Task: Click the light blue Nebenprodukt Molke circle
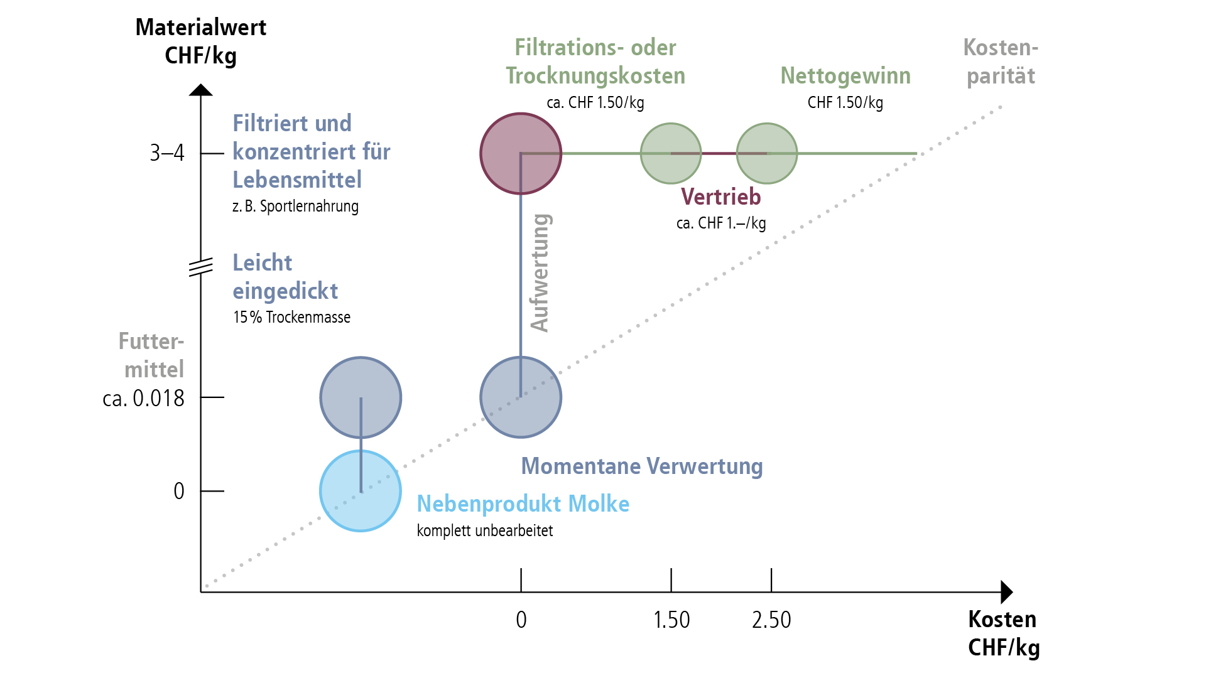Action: click(x=360, y=491)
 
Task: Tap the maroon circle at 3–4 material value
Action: click(x=520, y=153)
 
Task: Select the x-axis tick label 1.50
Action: click(x=671, y=620)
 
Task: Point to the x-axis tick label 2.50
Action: click(x=771, y=620)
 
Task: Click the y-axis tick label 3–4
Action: click(x=167, y=153)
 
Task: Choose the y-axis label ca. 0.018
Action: click(x=143, y=398)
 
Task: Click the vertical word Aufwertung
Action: click(x=540, y=272)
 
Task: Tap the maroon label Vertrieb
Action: click(x=720, y=197)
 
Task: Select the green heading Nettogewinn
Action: click(x=845, y=76)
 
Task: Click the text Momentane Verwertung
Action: click(x=642, y=466)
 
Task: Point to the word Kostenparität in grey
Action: click(x=1001, y=62)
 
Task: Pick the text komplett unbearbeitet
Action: click(x=484, y=531)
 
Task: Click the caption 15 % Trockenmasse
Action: click(x=291, y=317)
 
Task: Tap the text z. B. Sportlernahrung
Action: click(x=295, y=207)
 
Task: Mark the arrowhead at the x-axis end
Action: click(x=1006, y=592)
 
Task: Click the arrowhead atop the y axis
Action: click(x=201, y=90)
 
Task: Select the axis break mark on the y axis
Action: click(x=201, y=267)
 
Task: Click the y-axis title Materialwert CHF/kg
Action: click(x=201, y=41)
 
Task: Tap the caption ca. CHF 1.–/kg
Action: click(x=720, y=223)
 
